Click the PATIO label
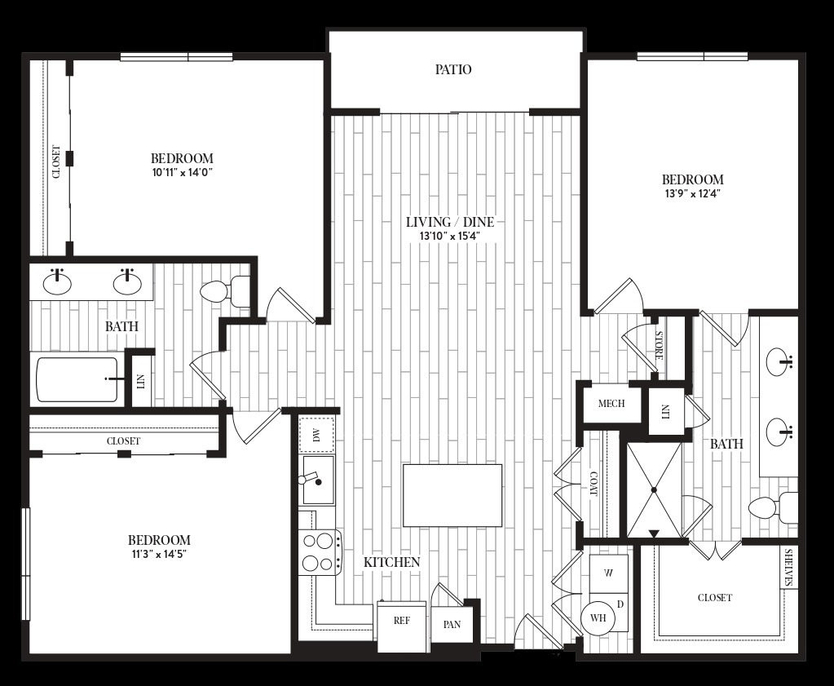[x=453, y=69]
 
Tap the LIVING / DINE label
[x=450, y=221]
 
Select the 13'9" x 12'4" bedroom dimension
[x=692, y=194]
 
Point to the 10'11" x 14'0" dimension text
[x=182, y=172]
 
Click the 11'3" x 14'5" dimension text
[x=159, y=554]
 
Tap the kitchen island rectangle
[x=452, y=495]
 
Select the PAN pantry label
[x=452, y=624]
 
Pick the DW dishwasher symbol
[x=317, y=436]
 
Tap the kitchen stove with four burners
[x=320, y=553]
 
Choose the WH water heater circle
[x=598, y=617]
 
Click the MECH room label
[x=611, y=404]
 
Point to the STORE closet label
[x=659, y=345]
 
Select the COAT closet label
[x=593, y=483]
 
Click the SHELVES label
[x=789, y=568]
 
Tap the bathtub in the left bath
[x=77, y=379]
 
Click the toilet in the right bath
[x=772, y=507]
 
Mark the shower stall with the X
[x=654, y=489]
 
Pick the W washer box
[x=609, y=573]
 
